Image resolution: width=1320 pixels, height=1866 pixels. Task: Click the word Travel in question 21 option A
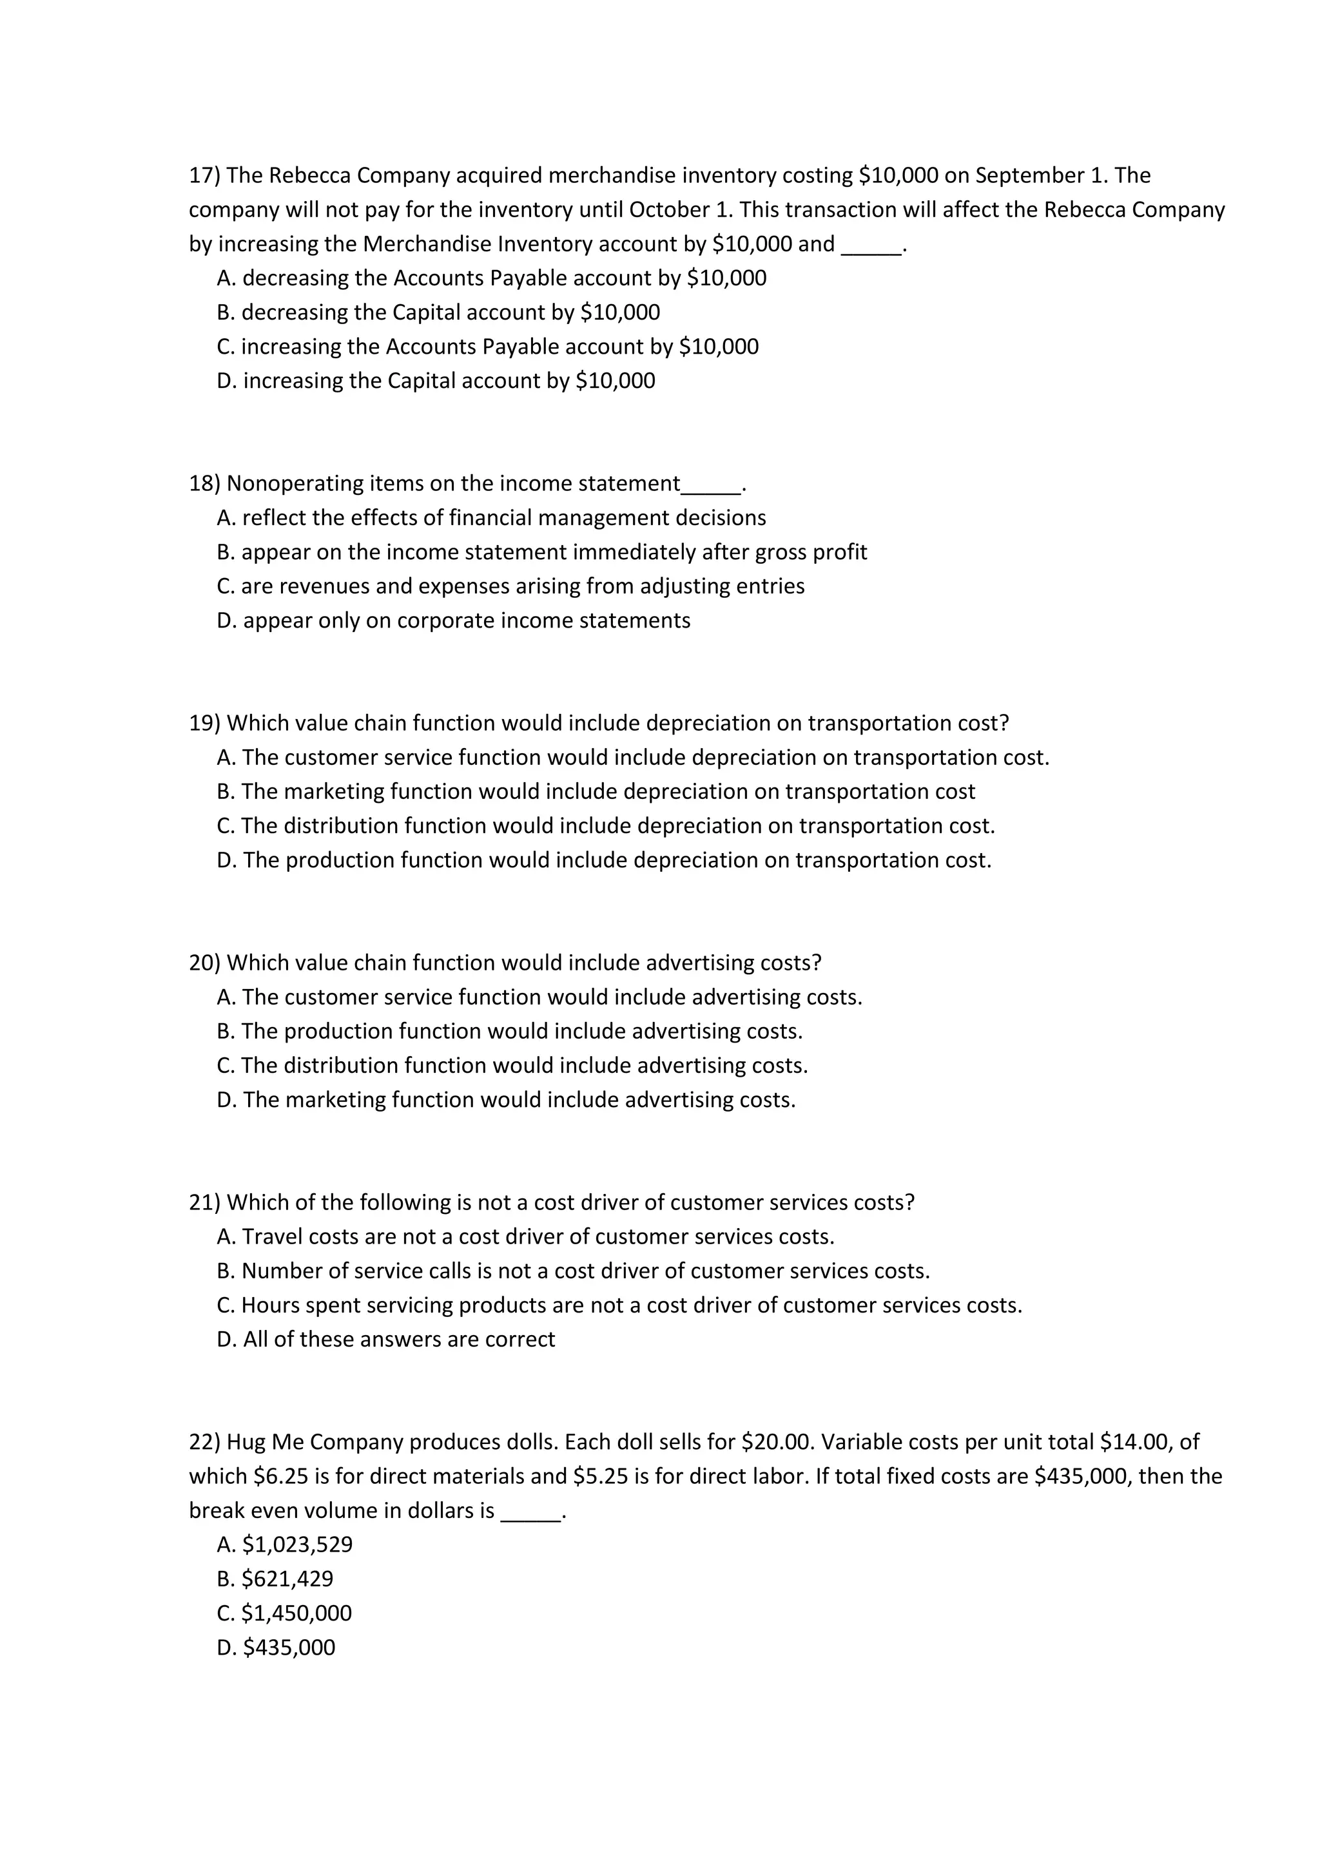tap(272, 1237)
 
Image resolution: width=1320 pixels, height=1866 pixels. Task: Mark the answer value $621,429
tap(287, 1579)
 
